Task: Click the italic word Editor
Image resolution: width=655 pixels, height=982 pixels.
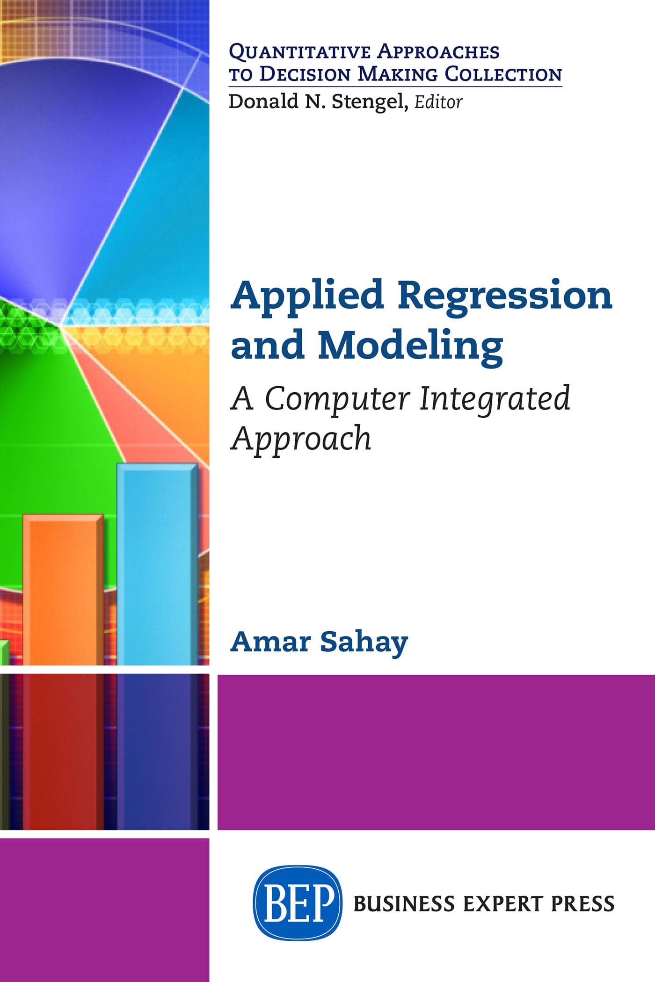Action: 438,102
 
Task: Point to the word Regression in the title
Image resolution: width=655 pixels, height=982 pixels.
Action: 505,296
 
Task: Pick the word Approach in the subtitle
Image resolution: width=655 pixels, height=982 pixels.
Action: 302,439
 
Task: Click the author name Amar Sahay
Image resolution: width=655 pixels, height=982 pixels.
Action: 319,642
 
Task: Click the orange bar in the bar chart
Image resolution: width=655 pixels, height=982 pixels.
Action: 62,589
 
